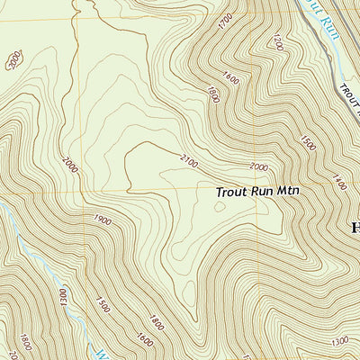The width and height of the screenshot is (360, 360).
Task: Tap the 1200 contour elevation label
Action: pyautogui.click(x=278, y=42)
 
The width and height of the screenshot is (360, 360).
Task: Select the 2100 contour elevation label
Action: pyautogui.click(x=188, y=160)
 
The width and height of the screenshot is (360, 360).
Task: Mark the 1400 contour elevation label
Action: pyautogui.click(x=337, y=184)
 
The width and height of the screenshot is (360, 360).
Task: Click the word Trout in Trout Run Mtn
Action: pyautogui.click(x=233, y=192)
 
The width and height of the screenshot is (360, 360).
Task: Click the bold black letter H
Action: pyautogui.click(x=353, y=227)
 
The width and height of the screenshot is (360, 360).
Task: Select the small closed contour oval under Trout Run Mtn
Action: pyautogui.click(x=220, y=206)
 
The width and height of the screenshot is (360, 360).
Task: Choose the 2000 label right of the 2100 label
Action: pyautogui.click(x=258, y=167)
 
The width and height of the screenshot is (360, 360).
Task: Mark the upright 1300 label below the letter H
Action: pyautogui.click(x=339, y=341)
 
